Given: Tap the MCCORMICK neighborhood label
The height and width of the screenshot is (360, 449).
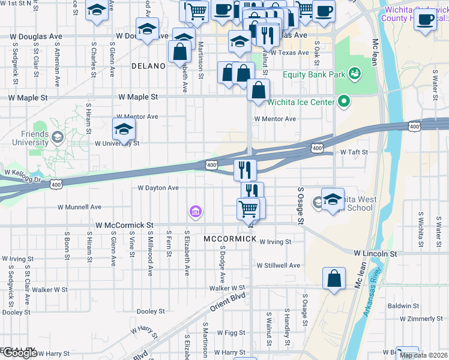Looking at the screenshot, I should [x=230, y=239].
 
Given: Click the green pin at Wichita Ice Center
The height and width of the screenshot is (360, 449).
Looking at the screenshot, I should [x=344, y=102].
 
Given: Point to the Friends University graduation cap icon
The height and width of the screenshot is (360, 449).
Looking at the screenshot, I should [x=57, y=137].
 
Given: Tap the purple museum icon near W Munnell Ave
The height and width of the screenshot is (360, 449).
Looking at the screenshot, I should [x=195, y=211].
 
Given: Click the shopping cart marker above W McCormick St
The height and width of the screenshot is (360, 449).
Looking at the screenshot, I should [x=248, y=209].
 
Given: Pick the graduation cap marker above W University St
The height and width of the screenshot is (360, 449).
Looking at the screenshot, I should [x=124, y=129].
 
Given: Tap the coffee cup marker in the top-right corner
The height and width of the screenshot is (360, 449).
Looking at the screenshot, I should [x=426, y=19].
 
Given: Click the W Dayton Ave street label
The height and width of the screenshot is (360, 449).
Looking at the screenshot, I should [x=158, y=188].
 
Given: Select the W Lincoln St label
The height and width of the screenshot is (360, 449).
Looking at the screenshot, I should [x=375, y=254].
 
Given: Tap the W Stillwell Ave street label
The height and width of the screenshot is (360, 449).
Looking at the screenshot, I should [x=278, y=265].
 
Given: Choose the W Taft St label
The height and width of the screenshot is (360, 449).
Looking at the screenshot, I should [x=354, y=152].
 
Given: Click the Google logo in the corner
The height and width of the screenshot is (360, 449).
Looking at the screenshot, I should [x=19, y=353].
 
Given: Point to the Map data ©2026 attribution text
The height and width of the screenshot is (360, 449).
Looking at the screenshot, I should [x=423, y=355].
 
